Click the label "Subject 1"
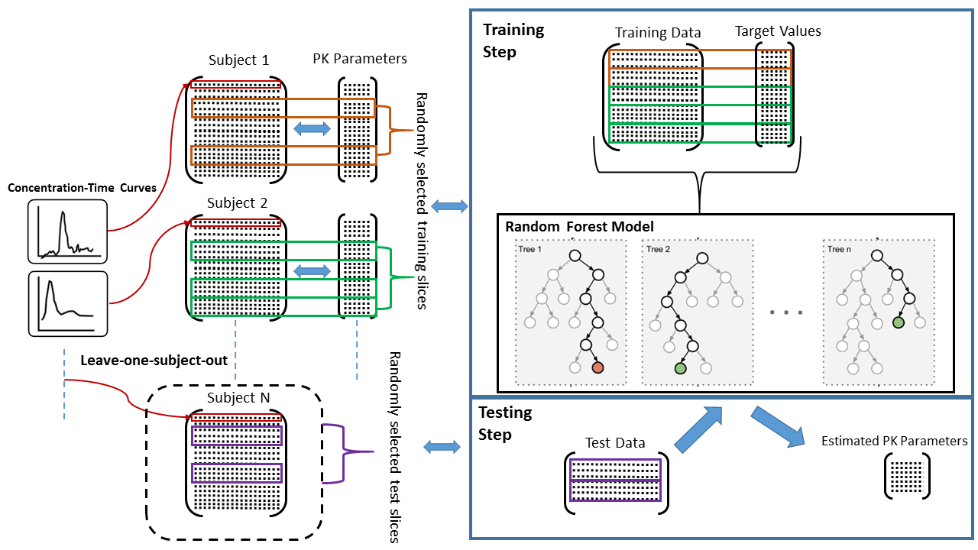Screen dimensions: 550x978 (238, 60)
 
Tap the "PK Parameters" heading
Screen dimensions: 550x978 (360, 59)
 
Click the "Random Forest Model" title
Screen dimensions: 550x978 (579, 227)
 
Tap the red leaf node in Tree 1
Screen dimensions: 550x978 (597, 368)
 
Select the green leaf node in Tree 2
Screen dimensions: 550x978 (679, 368)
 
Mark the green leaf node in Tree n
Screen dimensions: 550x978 (899, 323)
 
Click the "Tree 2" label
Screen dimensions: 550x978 (658, 249)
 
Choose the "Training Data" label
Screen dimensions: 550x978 (658, 33)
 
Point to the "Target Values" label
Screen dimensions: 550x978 (777, 31)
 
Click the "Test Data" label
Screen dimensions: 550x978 (615, 442)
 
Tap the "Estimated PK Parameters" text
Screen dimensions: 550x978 (894, 441)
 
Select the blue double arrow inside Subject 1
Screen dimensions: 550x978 (312, 130)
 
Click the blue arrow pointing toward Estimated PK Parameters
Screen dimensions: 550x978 (779, 426)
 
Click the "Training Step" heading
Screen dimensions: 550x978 (513, 40)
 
